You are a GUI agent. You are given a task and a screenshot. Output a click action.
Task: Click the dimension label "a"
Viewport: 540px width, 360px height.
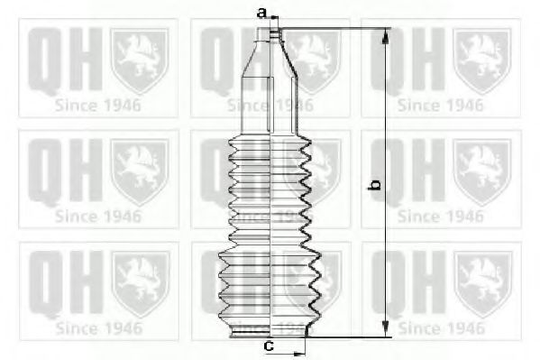262,14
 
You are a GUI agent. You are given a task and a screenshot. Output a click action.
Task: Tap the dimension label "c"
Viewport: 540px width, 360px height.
269,345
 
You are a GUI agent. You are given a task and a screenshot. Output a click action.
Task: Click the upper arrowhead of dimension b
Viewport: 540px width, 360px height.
386,37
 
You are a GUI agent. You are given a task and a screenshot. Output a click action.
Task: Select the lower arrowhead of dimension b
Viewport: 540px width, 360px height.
386,328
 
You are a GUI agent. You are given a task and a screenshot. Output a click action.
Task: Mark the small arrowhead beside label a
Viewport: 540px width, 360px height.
274,17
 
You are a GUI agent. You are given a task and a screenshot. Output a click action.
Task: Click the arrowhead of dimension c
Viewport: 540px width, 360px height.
299,354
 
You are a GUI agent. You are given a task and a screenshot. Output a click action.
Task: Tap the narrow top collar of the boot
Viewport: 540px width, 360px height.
270,35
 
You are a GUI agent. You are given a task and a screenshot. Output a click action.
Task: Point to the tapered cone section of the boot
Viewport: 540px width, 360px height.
270,60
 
